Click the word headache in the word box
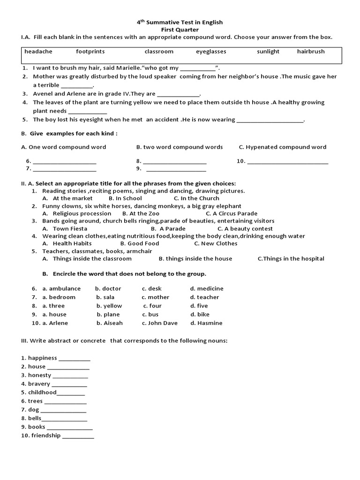click(38, 52)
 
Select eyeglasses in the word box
click(210, 52)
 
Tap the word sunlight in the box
click(268, 52)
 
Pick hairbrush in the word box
click(310, 52)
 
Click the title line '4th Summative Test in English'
click(180, 22)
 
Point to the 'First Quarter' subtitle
click(180, 30)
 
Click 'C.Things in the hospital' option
click(291, 258)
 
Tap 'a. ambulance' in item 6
click(61, 288)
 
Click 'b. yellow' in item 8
click(109, 306)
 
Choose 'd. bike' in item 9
click(200, 314)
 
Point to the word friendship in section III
click(45, 435)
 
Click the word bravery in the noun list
click(39, 384)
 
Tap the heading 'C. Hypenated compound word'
click(282, 147)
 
